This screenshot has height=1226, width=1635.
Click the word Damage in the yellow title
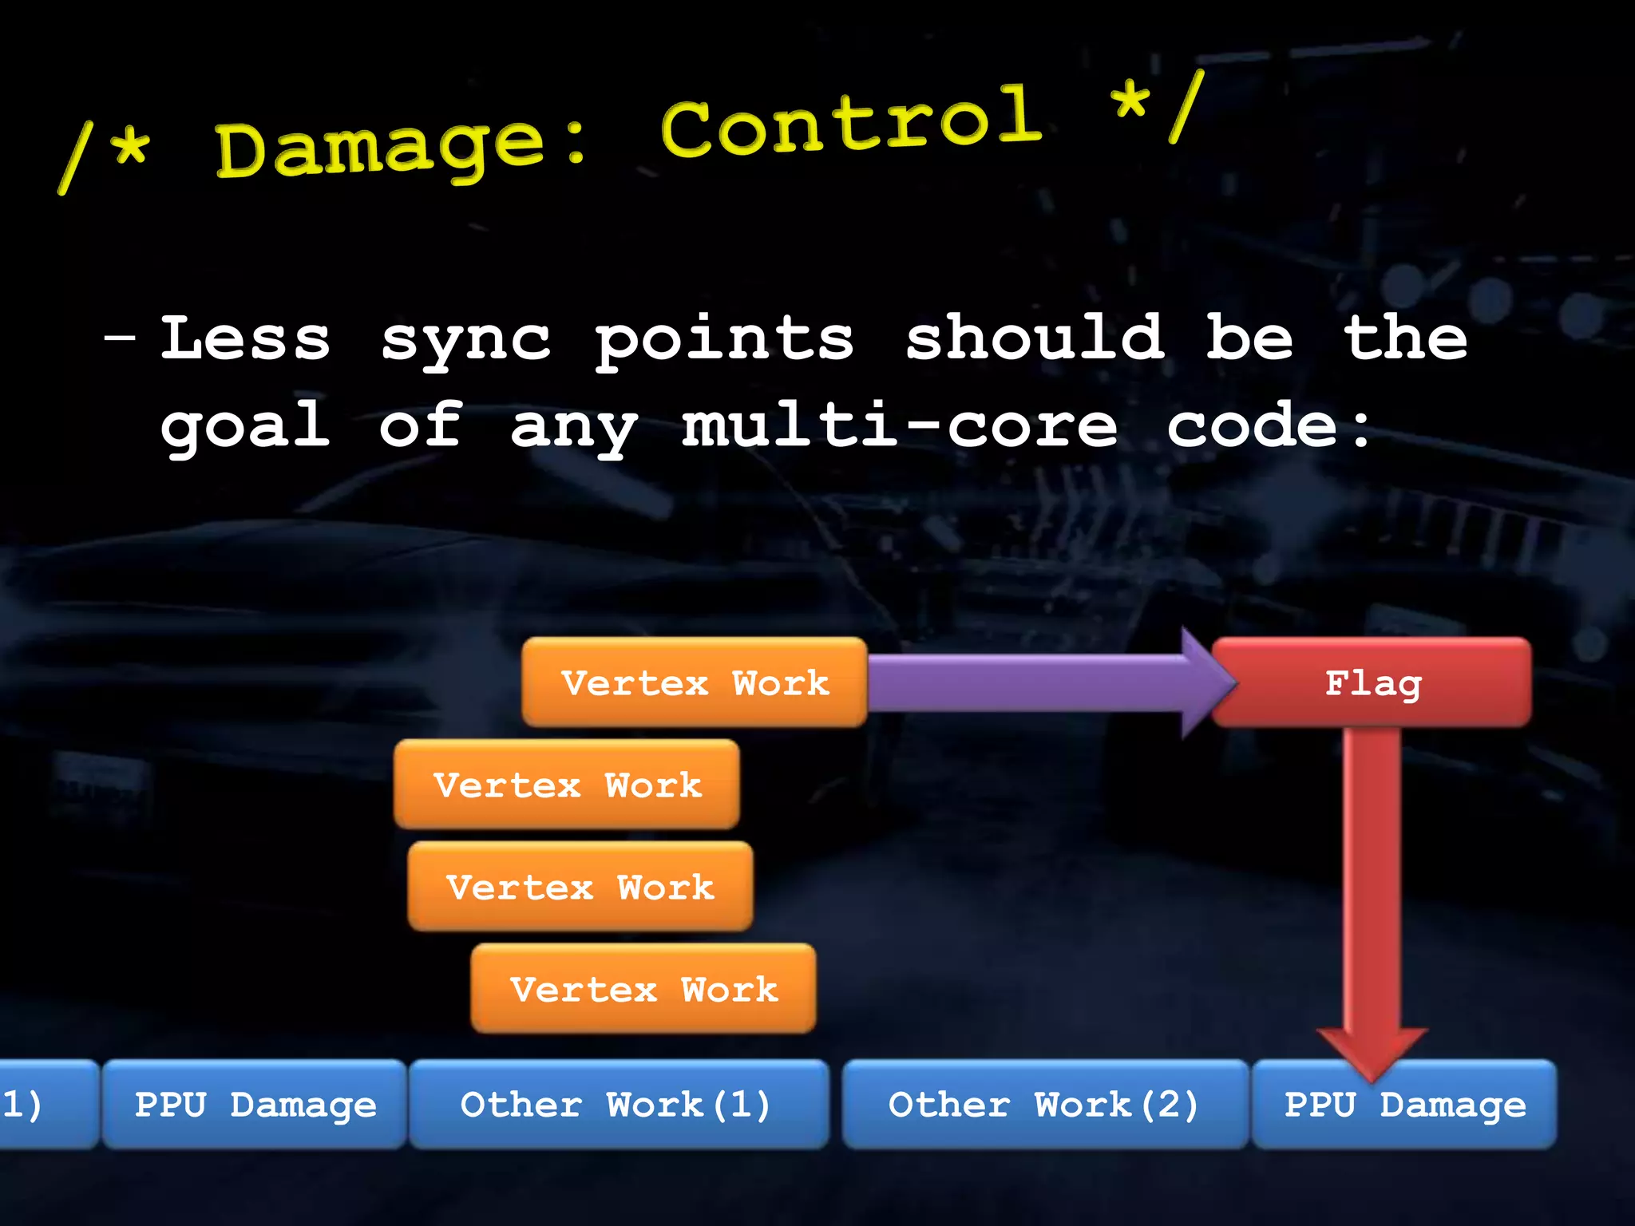click(381, 148)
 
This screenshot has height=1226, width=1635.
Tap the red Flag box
click(1372, 682)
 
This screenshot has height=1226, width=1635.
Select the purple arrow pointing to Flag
click(1038, 682)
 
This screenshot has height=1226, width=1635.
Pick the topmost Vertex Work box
click(694, 682)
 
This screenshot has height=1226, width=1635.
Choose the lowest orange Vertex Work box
click(643, 989)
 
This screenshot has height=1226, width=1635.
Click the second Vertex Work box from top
click(566, 785)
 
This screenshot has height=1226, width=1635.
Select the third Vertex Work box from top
click(580, 887)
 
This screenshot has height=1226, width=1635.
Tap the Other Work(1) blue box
click(618, 1105)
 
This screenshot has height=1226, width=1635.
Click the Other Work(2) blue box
click(1044, 1105)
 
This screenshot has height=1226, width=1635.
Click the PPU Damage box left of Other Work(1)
click(255, 1105)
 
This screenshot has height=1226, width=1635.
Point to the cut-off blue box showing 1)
click(44, 1105)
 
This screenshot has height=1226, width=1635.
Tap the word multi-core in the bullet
click(900, 425)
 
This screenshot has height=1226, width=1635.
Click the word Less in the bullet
click(245, 338)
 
